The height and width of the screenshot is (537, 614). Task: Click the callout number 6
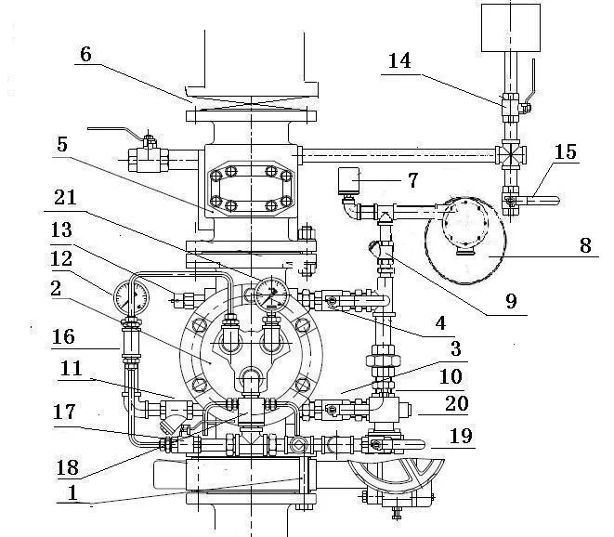click(x=85, y=54)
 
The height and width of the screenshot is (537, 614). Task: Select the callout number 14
click(x=399, y=61)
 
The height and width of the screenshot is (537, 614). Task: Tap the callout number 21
click(x=65, y=197)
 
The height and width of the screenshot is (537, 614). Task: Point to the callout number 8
click(x=585, y=245)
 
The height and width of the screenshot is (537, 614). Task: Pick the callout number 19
click(x=462, y=436)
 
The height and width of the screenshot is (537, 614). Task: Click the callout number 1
click(x=72, y=492)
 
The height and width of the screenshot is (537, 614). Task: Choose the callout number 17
click(x=64, y=413)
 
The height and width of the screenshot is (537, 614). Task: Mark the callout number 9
click(x=511, y=301)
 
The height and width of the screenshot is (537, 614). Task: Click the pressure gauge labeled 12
click(x=131, y=297)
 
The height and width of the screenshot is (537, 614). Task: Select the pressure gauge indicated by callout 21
click(x=272, y=294)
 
